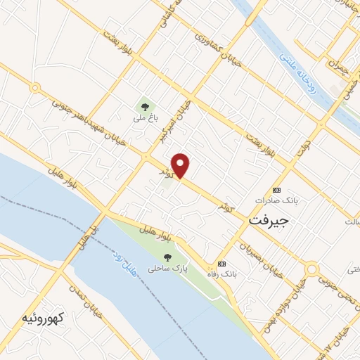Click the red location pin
point(181,165)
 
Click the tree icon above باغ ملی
point(145,108)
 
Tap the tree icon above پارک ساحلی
point(167,257)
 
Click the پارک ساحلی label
point(164,269)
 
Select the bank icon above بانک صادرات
point(276,190)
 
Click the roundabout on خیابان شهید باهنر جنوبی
point(34,88)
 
